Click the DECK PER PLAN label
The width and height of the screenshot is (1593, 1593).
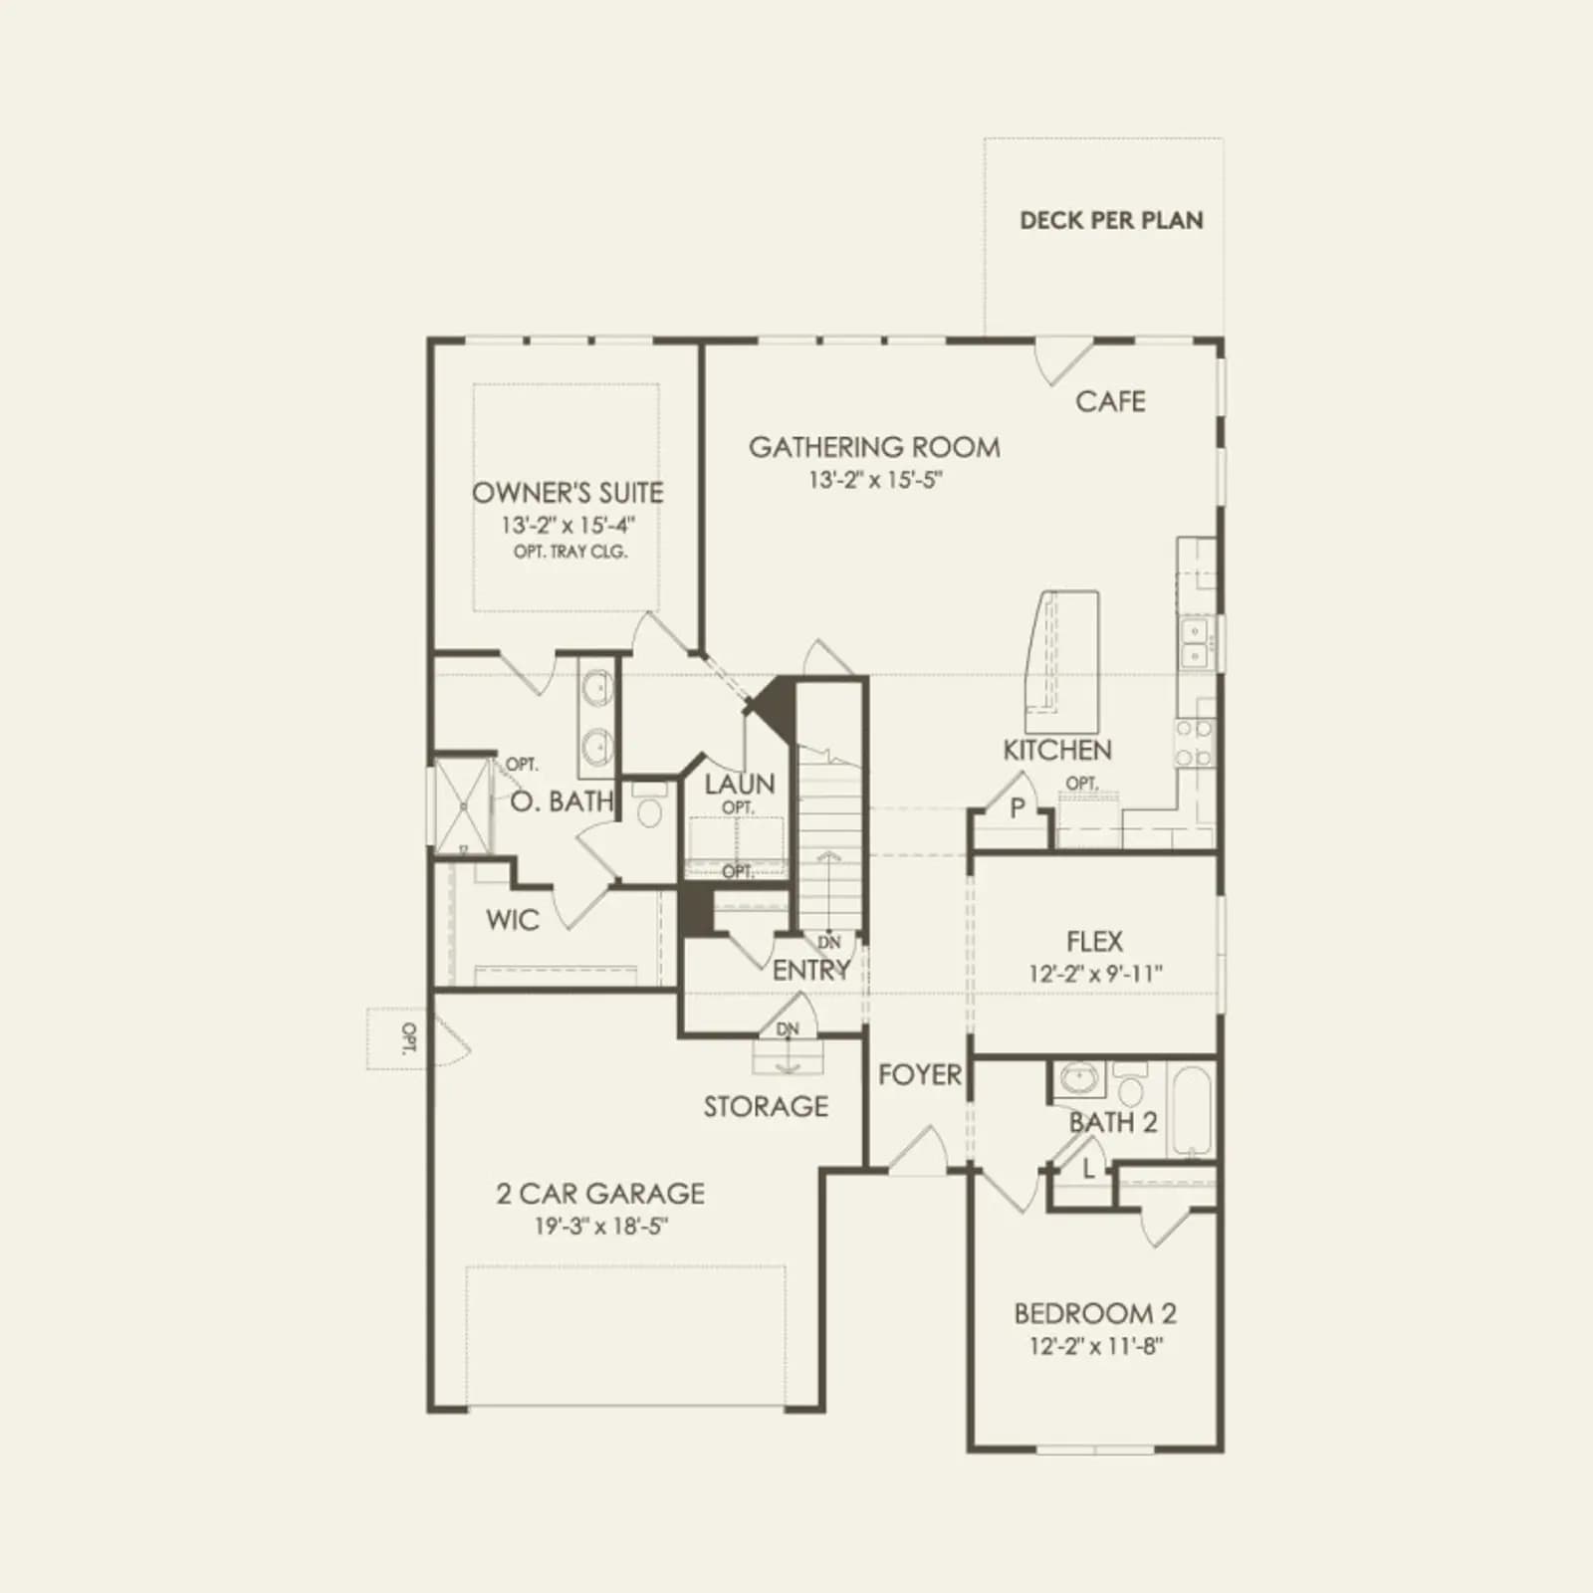[1111, 220]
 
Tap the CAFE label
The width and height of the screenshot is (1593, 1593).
[1110, 401]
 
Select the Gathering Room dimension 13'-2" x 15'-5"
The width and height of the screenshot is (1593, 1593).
[875, 480]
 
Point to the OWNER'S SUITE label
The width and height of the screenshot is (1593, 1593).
[568, 493]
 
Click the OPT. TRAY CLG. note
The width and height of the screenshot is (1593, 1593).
[570, 552]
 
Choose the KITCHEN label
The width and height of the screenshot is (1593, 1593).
[1057, 750]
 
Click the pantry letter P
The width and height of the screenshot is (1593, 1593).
[1018, 808]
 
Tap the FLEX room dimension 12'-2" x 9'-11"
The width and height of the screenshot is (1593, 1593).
[1095, 973]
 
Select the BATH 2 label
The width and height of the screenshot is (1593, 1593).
[1113, 1123]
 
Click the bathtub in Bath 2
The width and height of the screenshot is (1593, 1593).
[1191, 1111]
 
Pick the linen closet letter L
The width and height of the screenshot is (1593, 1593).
[1088, 1170]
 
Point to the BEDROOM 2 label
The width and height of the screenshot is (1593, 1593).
[1095, 1314]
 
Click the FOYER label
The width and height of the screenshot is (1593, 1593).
[920, 1074]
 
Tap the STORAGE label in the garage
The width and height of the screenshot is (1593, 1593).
[766, 1106]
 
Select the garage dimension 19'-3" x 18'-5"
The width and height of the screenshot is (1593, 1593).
[600, 1226]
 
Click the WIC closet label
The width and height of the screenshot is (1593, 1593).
[513, 920]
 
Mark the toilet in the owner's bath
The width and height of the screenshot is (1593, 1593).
[649, 805]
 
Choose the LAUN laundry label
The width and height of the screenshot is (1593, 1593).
[739, 784]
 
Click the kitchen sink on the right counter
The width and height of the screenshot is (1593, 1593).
[1193, 642]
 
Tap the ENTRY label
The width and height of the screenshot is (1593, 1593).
[811, 970]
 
